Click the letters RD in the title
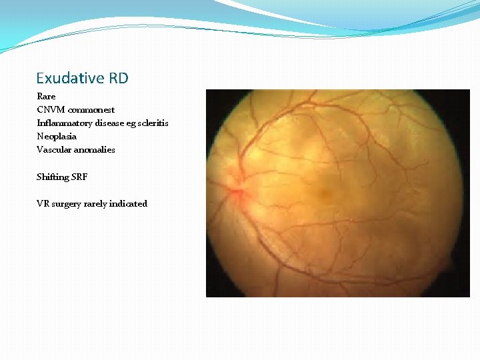pos(118,79)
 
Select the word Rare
pos(46,97)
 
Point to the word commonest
pos(91,110)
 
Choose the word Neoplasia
pos(57,137)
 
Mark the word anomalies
pos(93,150)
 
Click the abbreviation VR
pos(43,204)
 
